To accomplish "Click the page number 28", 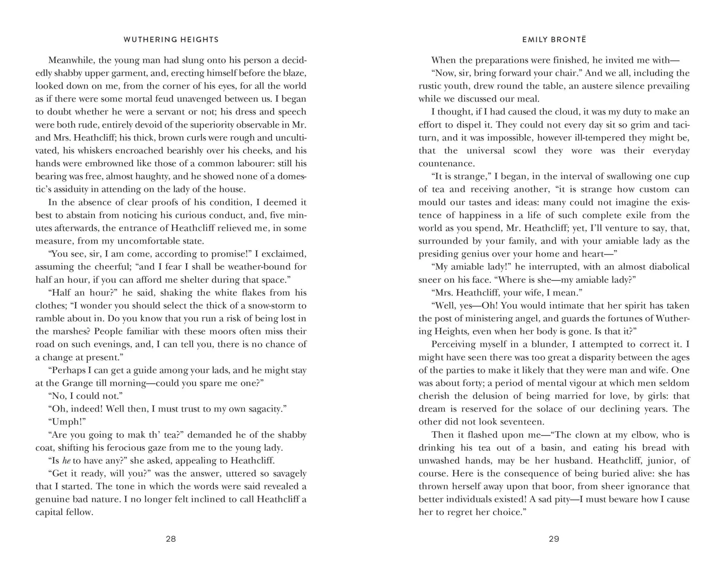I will [x=171, y=539].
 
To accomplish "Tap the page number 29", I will [x=554, y=539].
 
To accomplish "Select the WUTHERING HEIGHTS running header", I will [x=171, y=40].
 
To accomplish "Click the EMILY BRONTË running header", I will [x=554, y=40].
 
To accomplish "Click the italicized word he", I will [x=66, y=461].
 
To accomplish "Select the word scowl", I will [x=524, y=150].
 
